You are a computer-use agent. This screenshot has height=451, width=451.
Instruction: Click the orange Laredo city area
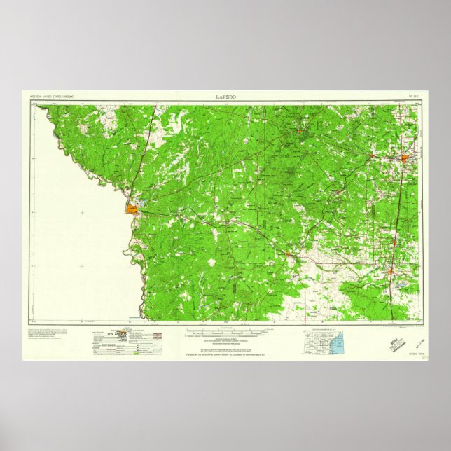click(x=132, y=208)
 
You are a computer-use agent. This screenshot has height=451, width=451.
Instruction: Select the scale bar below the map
click(x=225, y=326)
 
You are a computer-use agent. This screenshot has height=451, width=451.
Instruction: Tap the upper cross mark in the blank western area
click(x=82, y=212)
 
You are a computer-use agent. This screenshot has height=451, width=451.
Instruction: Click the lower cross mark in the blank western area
click(x=82, y=266)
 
